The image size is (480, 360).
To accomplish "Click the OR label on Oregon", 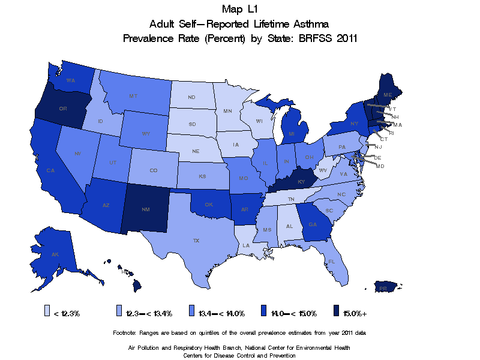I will (62, 109).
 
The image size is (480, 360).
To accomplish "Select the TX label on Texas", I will (196, 241).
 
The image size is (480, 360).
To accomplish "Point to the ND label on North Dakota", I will (191, 97).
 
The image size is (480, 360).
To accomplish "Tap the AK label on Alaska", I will (55, 254).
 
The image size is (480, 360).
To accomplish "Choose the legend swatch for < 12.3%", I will (47, 311).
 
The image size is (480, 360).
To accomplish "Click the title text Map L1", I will (240, 9).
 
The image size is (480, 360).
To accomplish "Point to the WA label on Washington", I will (70, 80).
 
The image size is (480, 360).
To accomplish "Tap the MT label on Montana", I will (133, 96).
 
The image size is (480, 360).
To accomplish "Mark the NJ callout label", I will (379, 146).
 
